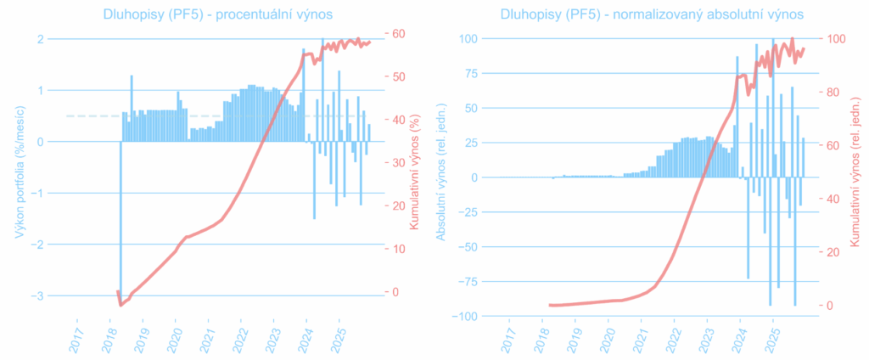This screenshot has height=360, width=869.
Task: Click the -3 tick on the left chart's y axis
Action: point(40,295)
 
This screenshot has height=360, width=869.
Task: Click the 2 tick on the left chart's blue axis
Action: point(41,39)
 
